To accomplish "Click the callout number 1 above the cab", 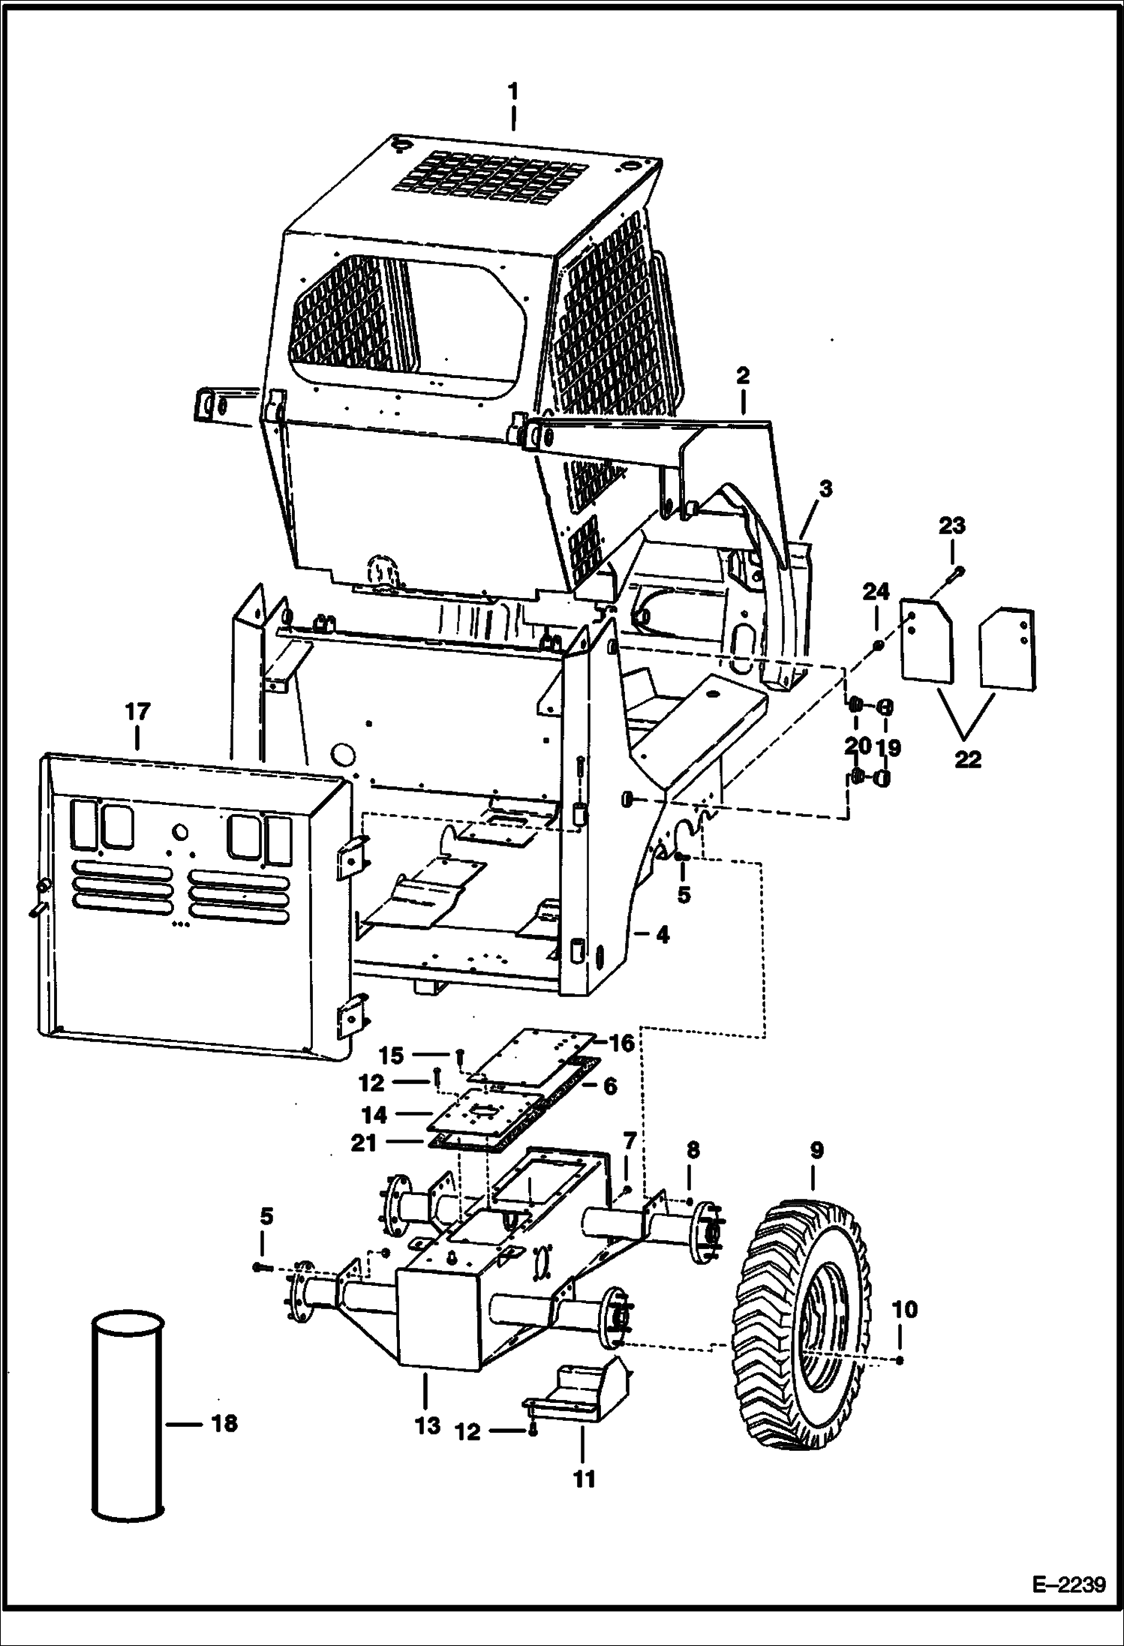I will coord(513,92).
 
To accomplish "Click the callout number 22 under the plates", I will coord(967,759).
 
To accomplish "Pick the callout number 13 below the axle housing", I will coord(428,1425).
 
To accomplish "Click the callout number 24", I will coord(876,593).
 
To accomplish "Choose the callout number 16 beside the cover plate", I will coord(622,1043).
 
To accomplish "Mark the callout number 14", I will coord(374,1115).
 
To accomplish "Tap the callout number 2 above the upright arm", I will coord(742,377).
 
